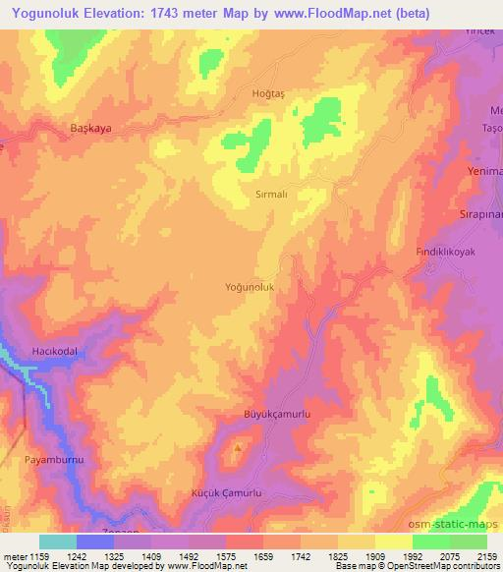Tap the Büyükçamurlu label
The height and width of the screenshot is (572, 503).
click(x=277, y=416)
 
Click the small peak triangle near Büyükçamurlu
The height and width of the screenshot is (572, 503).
click(x=237, y=451)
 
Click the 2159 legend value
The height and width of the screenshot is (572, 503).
click(x=487, y=555)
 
